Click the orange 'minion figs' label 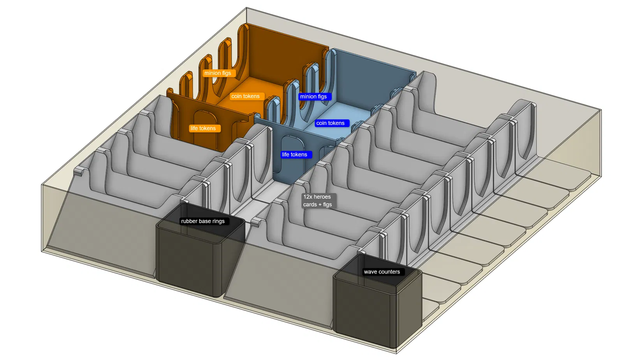[218, 73]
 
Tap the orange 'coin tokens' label [245, 96]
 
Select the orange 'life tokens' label [203, 128]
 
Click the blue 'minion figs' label [313, 97]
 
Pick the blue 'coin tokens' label [330, 123]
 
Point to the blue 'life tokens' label [295, 155]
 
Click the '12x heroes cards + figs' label [317, 201]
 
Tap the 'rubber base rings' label [203, 221]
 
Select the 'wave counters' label [382, 272]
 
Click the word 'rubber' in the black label [189, 221]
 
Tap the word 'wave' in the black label [371, 272]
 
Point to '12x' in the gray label [308, 197]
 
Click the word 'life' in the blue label [285, 155]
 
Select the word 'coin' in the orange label [236, 96]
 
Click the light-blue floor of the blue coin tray [343, 113]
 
